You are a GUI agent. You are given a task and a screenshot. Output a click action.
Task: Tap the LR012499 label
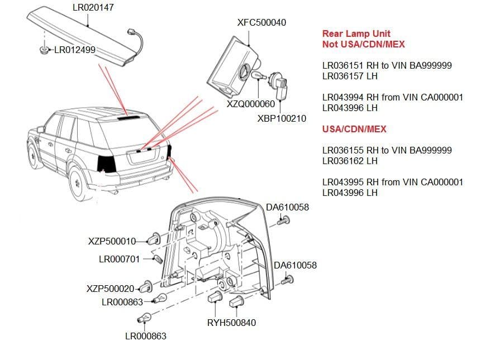pos(75,50)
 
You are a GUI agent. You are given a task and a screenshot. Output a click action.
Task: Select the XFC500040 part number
pos(261,22)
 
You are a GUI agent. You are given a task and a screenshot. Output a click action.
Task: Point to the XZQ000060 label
pos(251,104)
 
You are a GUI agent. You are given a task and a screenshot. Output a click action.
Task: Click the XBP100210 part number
pos(282,118)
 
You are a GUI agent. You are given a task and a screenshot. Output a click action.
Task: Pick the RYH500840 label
pos(231,323)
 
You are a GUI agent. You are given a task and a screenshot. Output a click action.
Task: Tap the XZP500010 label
pos(112,241)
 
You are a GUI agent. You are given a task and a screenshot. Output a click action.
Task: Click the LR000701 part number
pos(119,259)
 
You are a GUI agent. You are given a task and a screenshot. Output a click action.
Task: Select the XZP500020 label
pos(111,289)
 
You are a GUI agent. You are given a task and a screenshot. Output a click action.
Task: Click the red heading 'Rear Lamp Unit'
pos(356,33)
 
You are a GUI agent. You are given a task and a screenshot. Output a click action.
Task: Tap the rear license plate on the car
pos(144,158)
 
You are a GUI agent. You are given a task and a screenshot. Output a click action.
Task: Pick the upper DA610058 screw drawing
pos(282,222)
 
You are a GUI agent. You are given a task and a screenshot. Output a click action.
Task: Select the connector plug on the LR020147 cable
pos(132,31)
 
